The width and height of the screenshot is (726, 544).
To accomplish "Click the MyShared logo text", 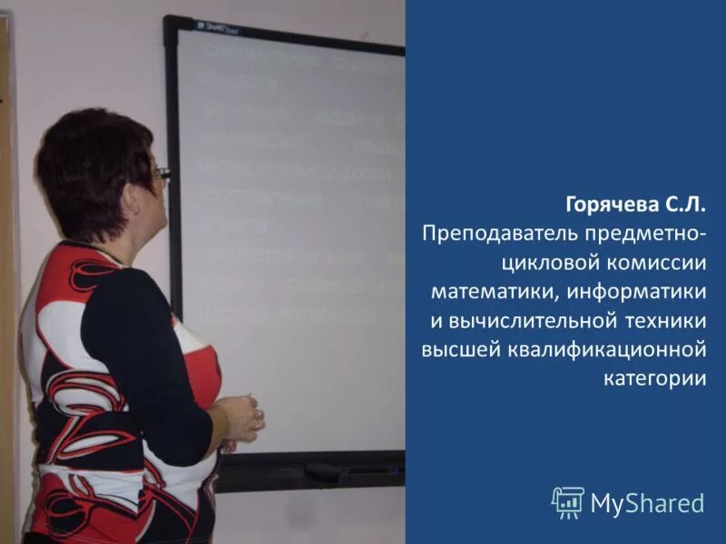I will pyautogui.click(x=647, y=502).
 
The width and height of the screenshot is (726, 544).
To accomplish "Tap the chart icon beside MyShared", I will pyautogui.click(x=568, y=501).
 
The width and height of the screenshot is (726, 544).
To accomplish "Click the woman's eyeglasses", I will pyautogui.click(x=162, y=172).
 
